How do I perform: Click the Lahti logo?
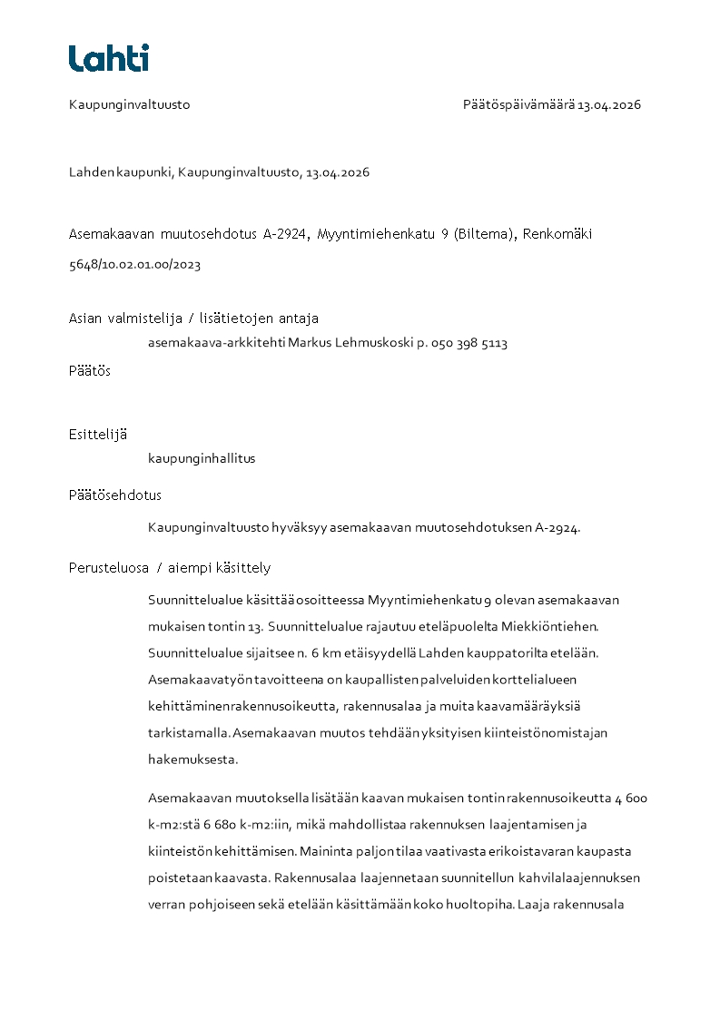coord(108,58)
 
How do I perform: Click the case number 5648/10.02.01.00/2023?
coord(134,265)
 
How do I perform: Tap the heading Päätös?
coord(90,371)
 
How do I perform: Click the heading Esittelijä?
coord(98,435)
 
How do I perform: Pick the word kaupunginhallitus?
coord(202,459)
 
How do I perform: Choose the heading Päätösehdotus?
coord(115,495)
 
